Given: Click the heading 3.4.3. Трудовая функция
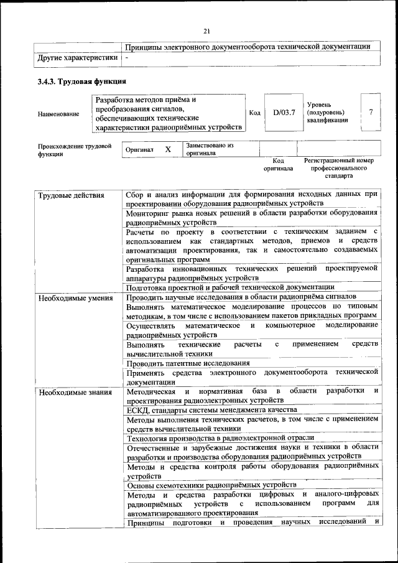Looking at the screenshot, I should tap(81, 81).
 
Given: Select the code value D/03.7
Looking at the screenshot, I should tap(283, 113).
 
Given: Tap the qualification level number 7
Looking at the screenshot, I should tap(371, 113).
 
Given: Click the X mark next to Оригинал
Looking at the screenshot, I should tap(168, 150).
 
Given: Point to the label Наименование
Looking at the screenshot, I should tap(58, 114).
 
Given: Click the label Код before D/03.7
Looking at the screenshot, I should tap(254, 113).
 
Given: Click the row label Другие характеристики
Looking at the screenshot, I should tap(78, 57).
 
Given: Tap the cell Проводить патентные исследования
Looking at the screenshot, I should tap(188, 363).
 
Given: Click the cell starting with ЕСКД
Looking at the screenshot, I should tap(211, 409).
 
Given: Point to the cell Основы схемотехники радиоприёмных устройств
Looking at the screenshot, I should tap(211, 485).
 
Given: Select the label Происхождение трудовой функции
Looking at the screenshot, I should tap(74, 150).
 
